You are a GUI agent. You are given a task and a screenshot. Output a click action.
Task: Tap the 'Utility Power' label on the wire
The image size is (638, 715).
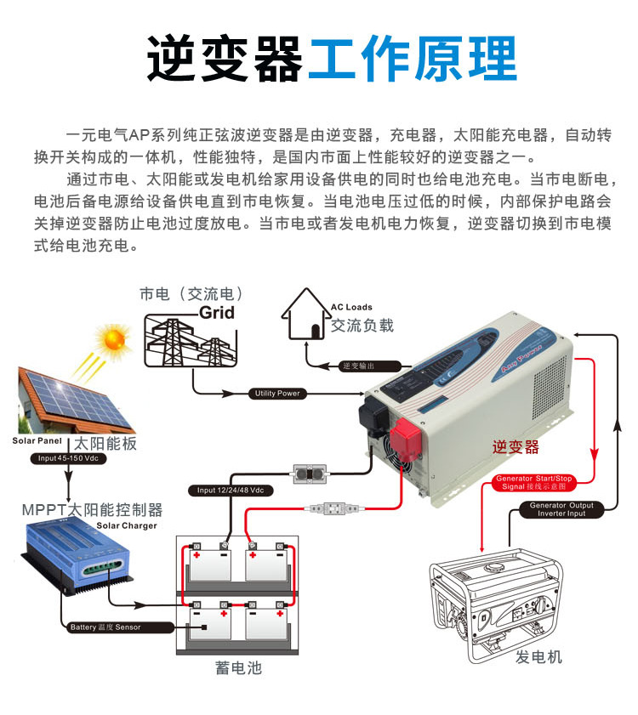coord(277,394)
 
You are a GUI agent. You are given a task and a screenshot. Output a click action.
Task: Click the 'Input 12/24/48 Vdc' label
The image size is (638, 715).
coord(231,491)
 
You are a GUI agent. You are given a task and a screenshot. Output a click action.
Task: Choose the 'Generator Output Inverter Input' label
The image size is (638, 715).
coord(562,509)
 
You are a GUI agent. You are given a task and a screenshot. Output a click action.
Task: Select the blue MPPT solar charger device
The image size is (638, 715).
coord(77,558)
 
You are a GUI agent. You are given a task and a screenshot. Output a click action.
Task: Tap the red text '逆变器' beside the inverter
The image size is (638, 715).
coord(516,448)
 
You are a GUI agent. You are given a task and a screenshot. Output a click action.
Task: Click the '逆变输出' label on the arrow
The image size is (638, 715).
coord(357,366)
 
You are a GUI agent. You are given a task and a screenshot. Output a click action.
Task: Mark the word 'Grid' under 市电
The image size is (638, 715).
coord(216,312)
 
